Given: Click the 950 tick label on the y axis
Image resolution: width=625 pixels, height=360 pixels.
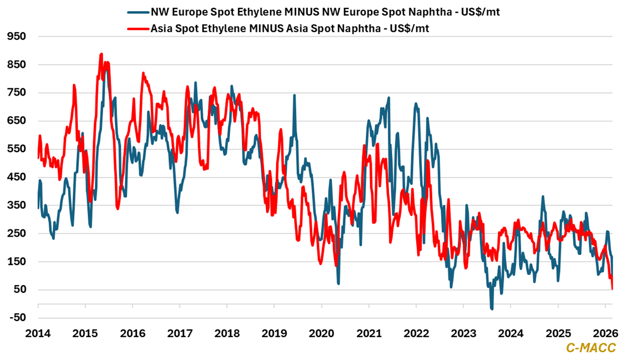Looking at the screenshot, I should [x=17, y=37].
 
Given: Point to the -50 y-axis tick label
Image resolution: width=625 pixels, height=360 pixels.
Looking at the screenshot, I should [x=17, y=317].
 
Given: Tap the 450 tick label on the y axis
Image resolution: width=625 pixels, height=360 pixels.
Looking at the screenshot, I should [x=17, y=177].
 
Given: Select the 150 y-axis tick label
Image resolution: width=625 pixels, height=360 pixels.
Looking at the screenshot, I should [x=17, y=262].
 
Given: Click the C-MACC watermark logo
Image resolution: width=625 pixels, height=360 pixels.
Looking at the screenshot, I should [x=591, y=348].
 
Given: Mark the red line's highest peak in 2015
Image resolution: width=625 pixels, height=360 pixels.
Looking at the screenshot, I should [x=101, y=54].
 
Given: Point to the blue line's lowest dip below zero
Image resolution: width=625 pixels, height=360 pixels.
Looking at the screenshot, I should [x=492, y=308].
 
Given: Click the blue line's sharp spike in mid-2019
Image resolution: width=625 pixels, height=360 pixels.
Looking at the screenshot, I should [x=294, y=96].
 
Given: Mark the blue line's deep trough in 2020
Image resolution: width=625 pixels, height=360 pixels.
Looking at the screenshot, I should [x=338, y=283].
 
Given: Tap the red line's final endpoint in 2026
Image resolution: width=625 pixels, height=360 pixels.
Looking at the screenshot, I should [x=612, y=289].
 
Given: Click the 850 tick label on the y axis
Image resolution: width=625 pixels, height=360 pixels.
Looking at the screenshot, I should [x=17, y=65].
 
